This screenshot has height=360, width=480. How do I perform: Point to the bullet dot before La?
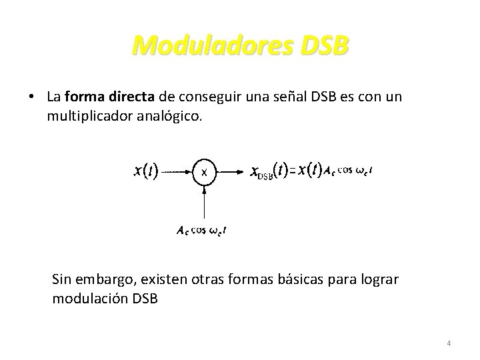click(x=32, y=97)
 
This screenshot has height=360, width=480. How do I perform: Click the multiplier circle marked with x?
click(x=205, y=171)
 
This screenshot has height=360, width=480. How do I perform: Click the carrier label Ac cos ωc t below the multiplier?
click(x=201, y=231)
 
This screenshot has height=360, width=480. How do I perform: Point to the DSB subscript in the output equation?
click(x=265, y=175)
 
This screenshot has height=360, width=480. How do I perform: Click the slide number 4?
click(x=449, y=343)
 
